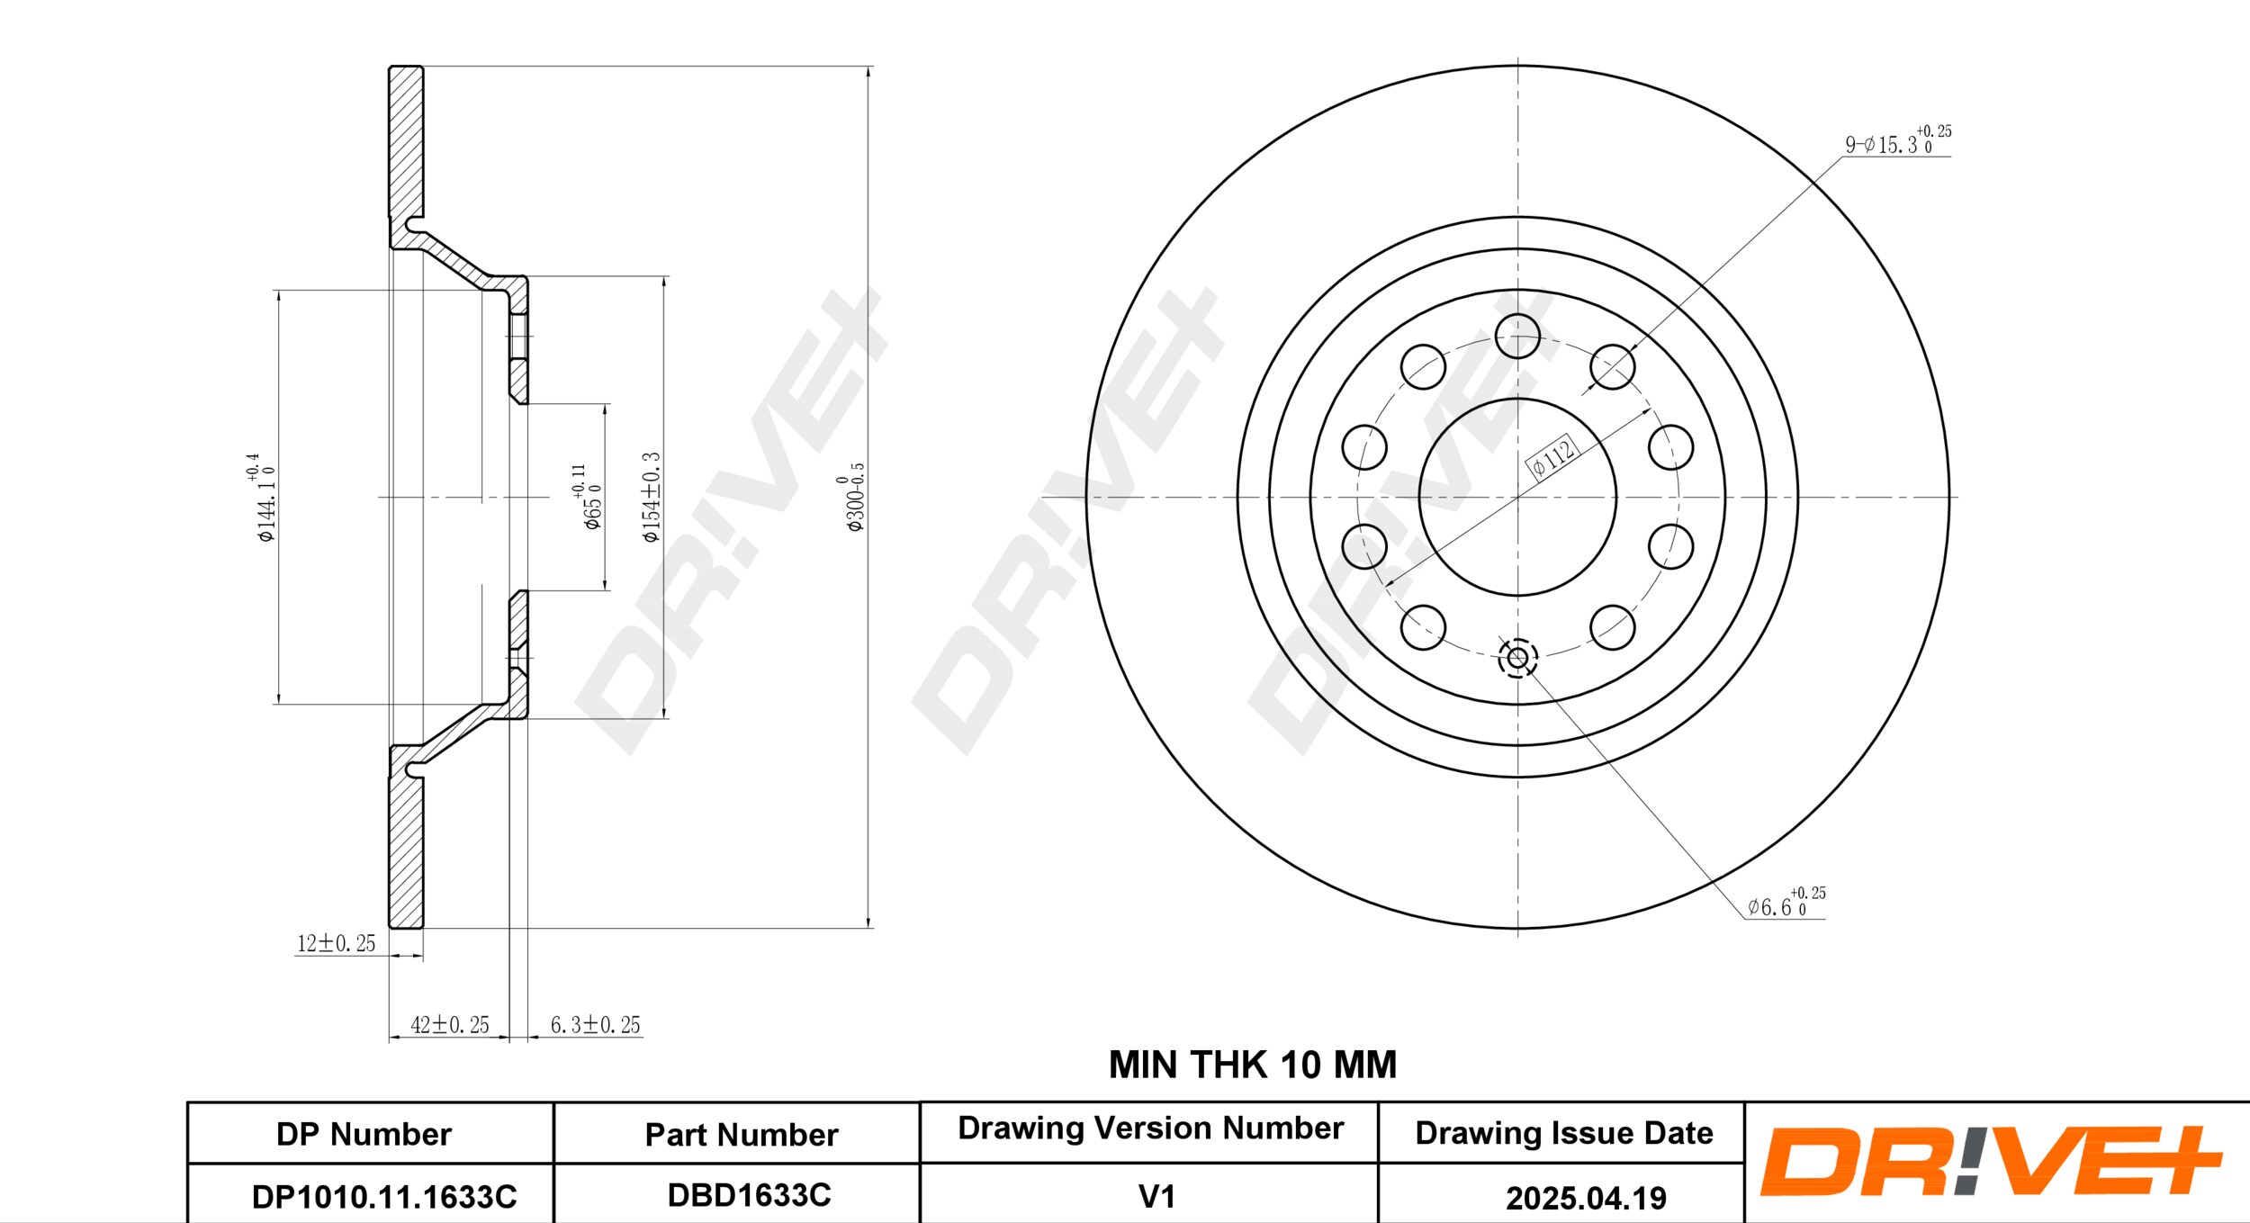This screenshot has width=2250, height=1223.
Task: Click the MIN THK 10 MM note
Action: (x=1252, y=1065)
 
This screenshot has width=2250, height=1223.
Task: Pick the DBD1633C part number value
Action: (x=749, y=1194)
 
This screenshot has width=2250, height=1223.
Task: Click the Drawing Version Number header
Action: (x=1150, y=1128)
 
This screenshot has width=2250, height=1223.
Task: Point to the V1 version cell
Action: (x=1156, y=1196)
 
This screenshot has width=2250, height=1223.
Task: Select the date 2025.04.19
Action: (x=1586, y=1198)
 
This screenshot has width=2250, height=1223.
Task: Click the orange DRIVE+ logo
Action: (x=1990, y=1161)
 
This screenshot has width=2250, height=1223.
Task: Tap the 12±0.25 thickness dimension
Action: (x=336, y=943)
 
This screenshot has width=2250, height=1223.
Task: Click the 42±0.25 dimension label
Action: (x=450, y=1024)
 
